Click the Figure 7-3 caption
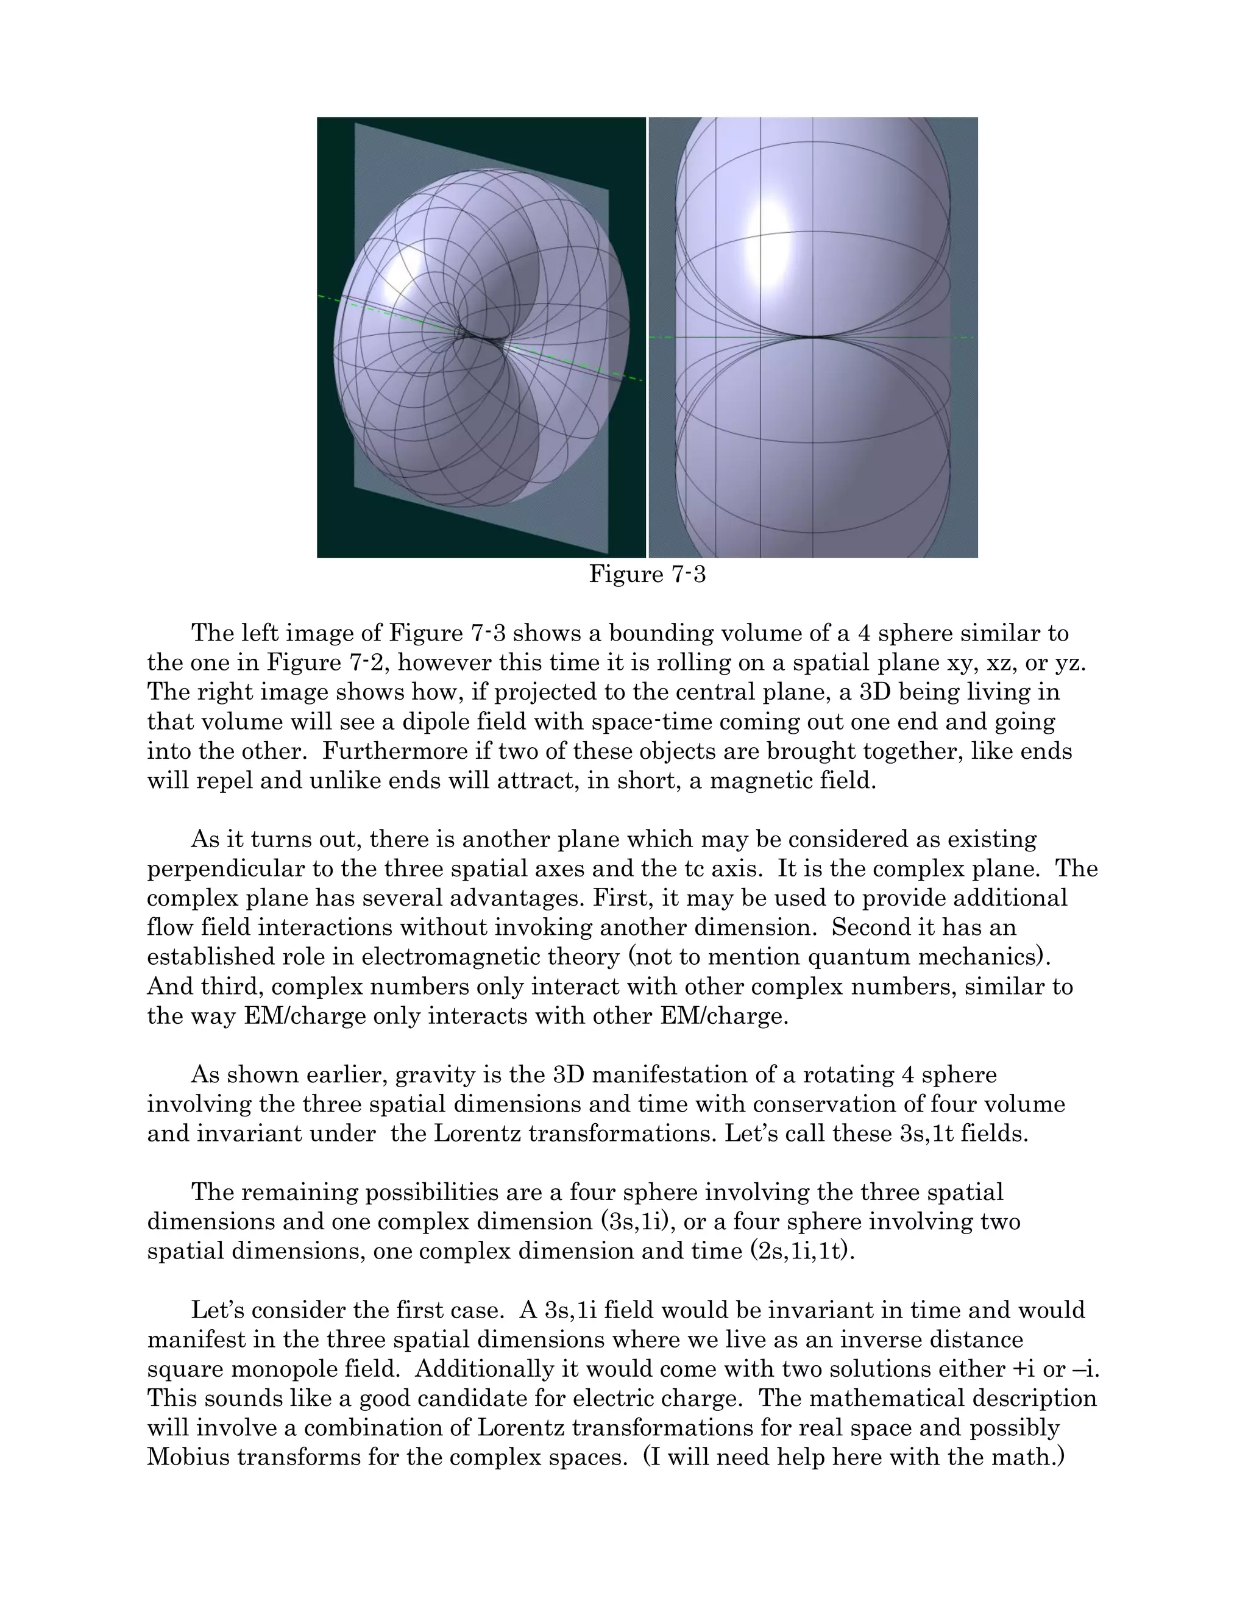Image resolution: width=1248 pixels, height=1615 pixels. [647, 574]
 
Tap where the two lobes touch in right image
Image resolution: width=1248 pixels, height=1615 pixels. [814, 337]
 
